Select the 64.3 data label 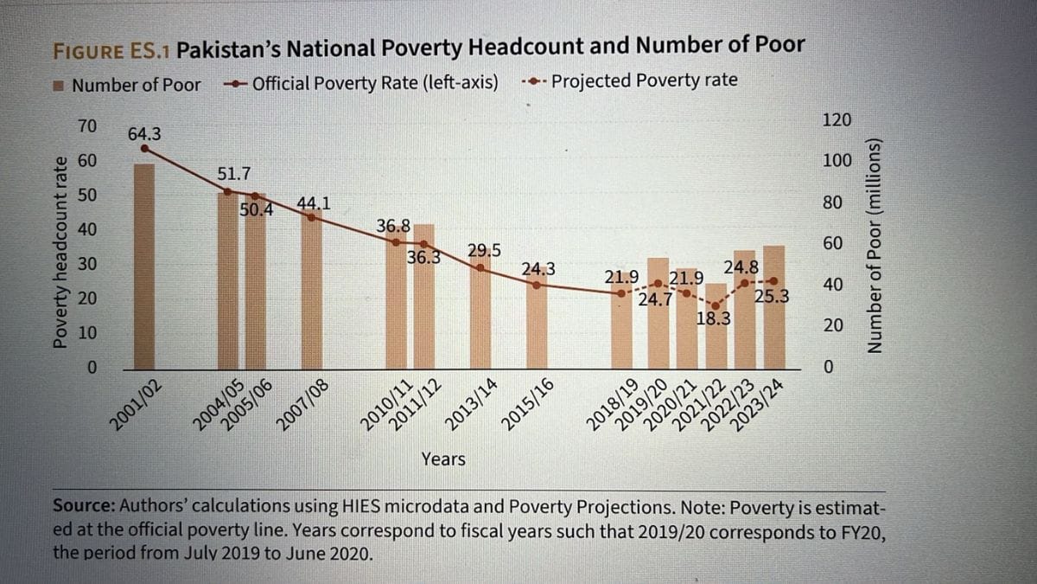(x=144, y=134)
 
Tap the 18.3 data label (x=714, y=318)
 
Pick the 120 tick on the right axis (x=837, y=120)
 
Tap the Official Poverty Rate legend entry (x=363, y=83)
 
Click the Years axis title (x=443, y=459)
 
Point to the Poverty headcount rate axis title (x=60, y=251)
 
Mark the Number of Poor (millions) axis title (x=875, y=246)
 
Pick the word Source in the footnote (x=81, y=506)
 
